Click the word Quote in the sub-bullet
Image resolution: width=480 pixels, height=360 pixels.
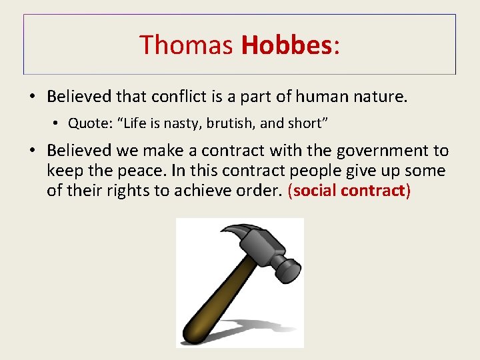pyautogui.click(x=85, y=124)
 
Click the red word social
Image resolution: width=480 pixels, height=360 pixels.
pyautogui.click(x=315, y=191)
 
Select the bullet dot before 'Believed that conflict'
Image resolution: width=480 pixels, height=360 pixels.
pyautogui.click(x=33, y=97)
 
